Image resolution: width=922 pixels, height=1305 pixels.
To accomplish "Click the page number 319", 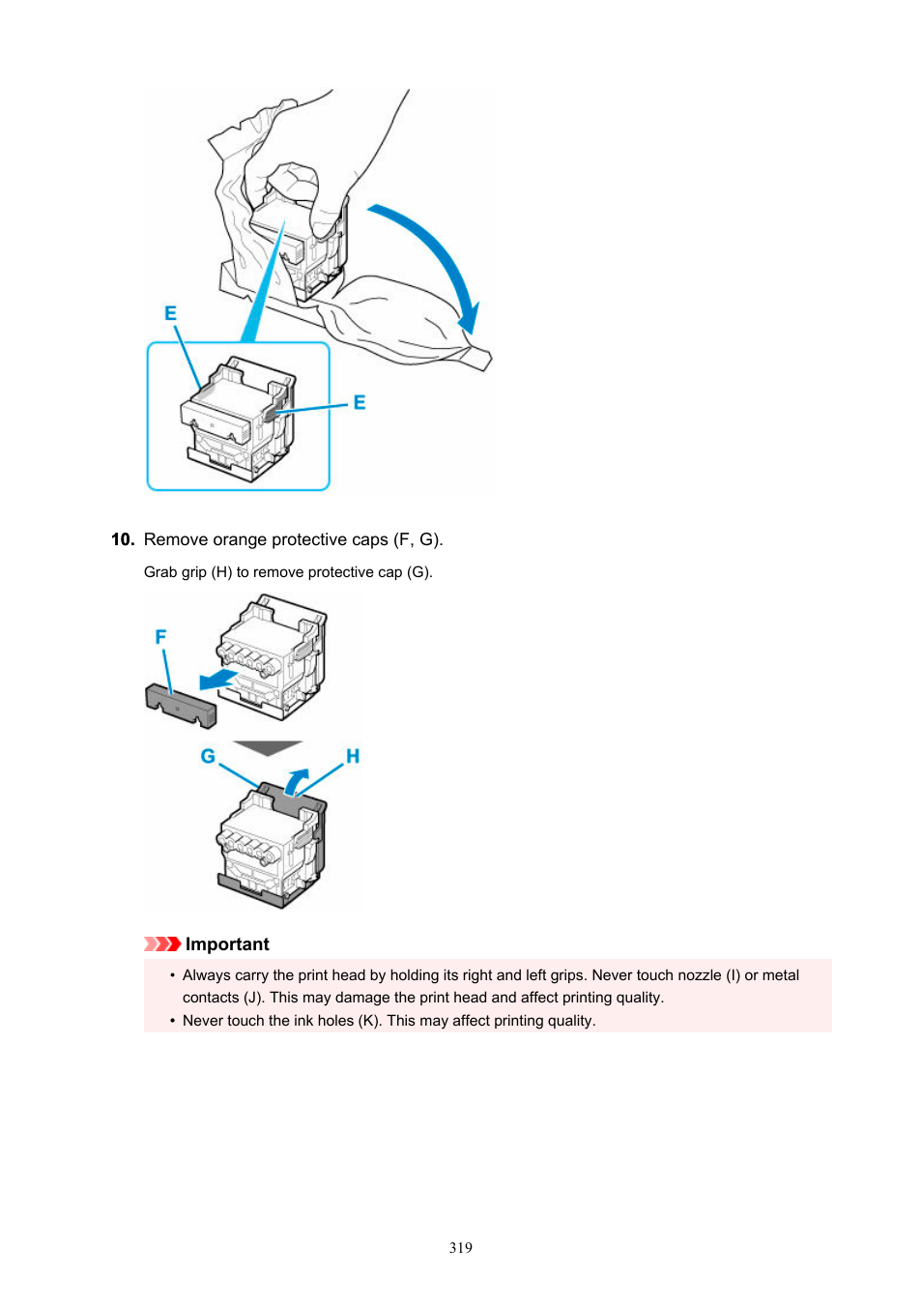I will point(460,1248).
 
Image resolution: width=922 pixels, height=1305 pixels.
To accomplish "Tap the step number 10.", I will point(122,539).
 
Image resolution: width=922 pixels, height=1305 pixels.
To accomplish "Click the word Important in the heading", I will point(227,944).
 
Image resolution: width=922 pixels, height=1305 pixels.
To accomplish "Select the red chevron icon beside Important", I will point(161,944).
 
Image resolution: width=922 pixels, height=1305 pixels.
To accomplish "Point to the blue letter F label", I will point(160,637).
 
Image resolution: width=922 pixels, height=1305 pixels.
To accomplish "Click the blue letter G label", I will point(208,756).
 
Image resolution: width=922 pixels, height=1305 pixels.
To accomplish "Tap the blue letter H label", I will point(353,756).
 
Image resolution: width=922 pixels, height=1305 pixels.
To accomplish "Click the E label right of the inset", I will point(360,402).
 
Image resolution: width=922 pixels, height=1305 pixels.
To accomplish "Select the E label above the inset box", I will point(170,313).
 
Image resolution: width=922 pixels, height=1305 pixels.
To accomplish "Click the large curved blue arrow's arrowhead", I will point(469,318).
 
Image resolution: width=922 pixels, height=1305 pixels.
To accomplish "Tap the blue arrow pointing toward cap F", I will point(217,679).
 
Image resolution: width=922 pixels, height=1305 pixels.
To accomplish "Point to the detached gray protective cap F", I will point(181,706).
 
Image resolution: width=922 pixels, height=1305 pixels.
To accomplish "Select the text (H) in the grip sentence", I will point(222,572).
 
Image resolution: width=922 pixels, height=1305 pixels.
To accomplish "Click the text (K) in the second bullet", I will point(368,1021).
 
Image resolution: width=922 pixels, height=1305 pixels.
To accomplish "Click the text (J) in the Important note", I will point(254,998).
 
